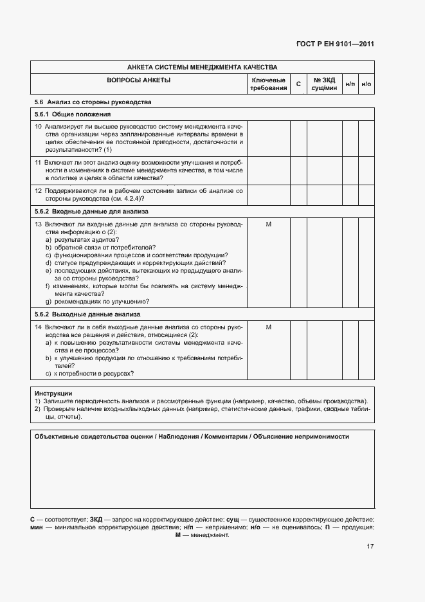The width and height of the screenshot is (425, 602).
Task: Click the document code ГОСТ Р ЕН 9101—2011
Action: (344, 44)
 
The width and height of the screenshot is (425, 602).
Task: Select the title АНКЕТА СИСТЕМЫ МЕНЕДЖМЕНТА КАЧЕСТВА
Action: (202, 67)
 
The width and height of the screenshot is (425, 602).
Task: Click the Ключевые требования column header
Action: (268, 84)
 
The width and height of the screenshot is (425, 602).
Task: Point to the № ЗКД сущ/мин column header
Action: (325, 84)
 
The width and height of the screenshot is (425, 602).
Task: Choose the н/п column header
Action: (350, 84)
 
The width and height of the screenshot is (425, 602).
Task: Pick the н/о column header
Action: (366, 84)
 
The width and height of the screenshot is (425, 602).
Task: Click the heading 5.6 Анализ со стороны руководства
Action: (93, 102)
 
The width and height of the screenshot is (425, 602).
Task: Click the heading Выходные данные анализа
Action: (104, 315)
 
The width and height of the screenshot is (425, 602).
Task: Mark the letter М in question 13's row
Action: (268, 224)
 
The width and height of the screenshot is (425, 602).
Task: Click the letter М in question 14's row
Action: (268, 327)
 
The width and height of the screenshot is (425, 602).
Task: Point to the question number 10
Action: (38, 127)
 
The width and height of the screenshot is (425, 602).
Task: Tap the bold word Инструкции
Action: (53, 393)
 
